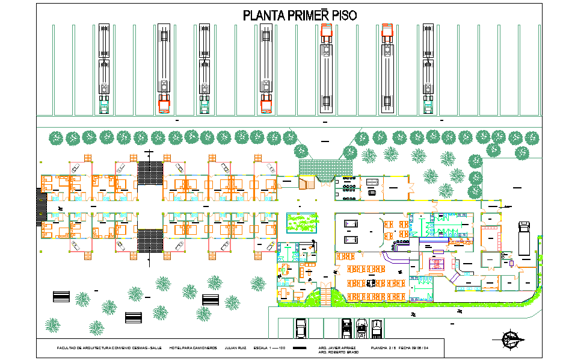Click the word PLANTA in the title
(x=263, y=16)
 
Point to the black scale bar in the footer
(x=298, y=348)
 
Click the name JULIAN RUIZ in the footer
(x=235, y=348)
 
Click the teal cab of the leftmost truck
(x=104, y=107)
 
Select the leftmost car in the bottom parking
(x=301, y=328)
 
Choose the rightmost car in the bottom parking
(x=377, y=328)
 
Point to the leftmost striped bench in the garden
(x=61, y=297)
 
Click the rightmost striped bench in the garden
(x=133, y=316)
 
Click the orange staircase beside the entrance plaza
(x=306, y=182)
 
